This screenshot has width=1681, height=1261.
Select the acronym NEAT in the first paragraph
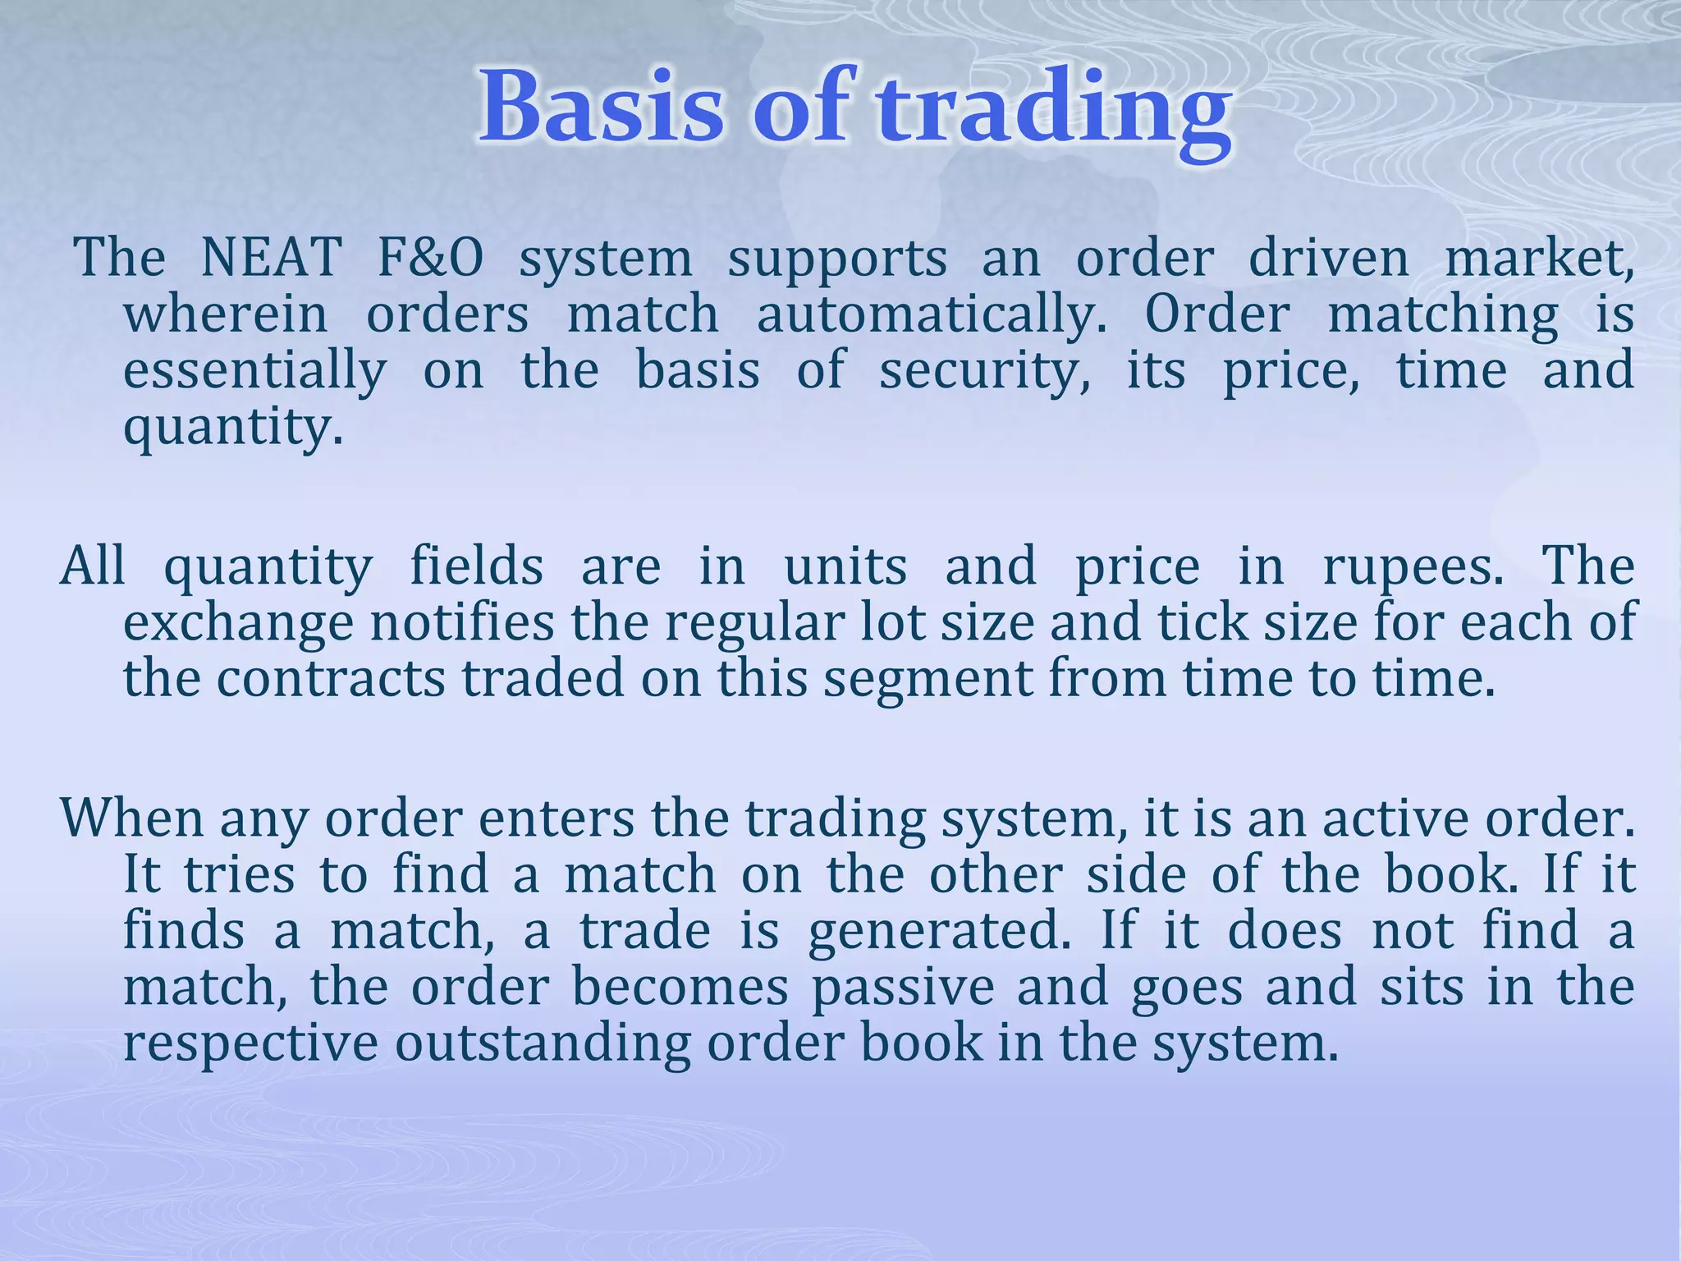(271, 258)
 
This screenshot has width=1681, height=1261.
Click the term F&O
(430, 258)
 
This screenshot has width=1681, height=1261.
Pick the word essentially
(254, 371)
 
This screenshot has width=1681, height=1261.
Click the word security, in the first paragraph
(985, 371)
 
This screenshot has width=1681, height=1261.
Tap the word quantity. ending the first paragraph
(232, 429)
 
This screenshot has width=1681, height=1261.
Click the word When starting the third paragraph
(131, 819)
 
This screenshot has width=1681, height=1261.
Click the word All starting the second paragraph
(93, 566)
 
